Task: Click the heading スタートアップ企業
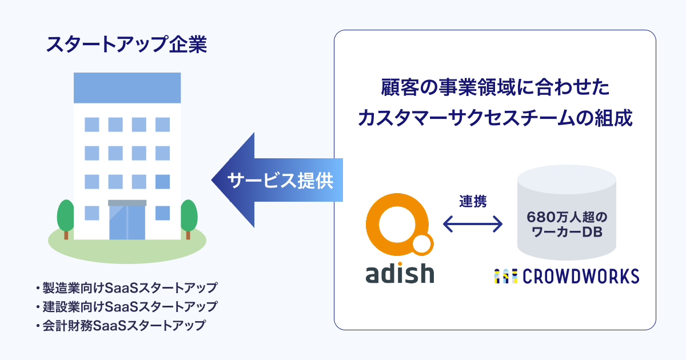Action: click(126, 45)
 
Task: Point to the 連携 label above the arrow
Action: click(473, 201)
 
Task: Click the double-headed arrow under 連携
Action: click(473, 223)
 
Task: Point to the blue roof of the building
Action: click(127, 88)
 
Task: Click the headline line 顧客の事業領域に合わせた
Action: click(495, 89)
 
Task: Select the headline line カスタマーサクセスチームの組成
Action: click(495, 118)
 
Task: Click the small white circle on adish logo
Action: click(422, 245)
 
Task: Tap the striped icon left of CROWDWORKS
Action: click(505, 276)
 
